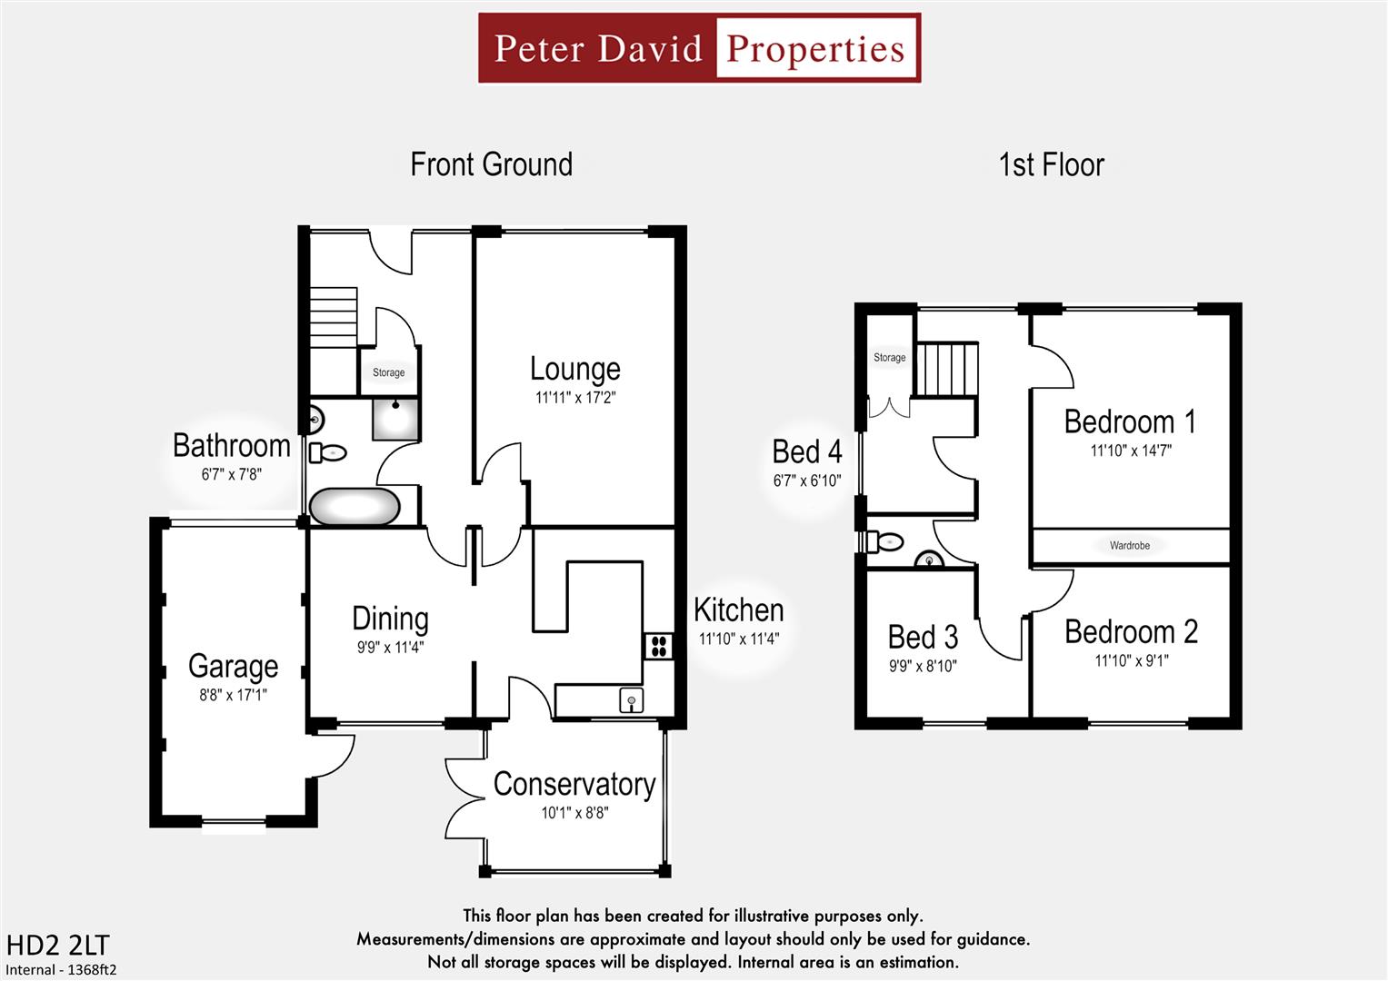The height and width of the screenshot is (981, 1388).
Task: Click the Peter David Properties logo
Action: pyautogui.click(x=699, y=48)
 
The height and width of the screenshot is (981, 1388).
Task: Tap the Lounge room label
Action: pyautogui.click(x=574, y=369)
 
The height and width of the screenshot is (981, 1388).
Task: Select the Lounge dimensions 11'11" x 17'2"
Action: pyautogui.click(x=574, y=397)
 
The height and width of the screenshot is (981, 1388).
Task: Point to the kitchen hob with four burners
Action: pyautogui.click(x=658, y=646)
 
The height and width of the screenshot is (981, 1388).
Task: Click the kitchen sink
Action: pyautogui.click(x=631, y=700)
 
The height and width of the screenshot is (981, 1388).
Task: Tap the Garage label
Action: pyautogui.click(x=233, y=666)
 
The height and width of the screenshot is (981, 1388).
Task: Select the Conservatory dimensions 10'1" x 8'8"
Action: pyautogui.click(x=574, y=813)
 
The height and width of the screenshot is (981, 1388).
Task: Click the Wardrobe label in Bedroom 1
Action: pyautogui.click(x=1129, y=546)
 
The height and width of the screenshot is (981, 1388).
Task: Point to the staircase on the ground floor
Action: pyautogui.click(x=332, y=317)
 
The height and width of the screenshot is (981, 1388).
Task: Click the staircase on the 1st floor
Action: pyautogui.click(x=945, y=369)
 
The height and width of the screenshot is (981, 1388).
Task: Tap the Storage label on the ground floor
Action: pyautogui.click(x=388, y=372)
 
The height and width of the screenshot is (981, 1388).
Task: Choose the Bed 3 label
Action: pyautogui.click(x=923, y=637)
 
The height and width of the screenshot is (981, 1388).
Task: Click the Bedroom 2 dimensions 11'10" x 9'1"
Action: pyautogui.click(x=1131, y=661)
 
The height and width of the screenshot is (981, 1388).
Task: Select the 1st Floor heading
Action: pyautogui.click(x=1051, y=165)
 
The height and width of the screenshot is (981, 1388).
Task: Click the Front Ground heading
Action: pyautogui.click(x=491, y=164)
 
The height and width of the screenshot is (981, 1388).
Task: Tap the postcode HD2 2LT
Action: pyautogui.click(x=57, y=946)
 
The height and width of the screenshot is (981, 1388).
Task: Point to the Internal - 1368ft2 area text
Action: pyautogui.click(x=61, y=969)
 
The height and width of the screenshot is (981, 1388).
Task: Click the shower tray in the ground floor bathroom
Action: pyautogui.click(x=395, y=419)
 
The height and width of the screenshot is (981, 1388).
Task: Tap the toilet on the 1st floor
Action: pyautogui.click(x=884, y=542)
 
